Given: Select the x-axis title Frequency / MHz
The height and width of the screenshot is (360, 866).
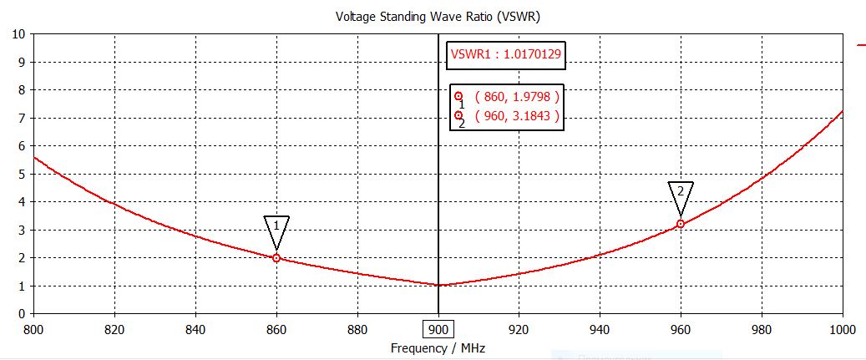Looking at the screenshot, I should [438, 347].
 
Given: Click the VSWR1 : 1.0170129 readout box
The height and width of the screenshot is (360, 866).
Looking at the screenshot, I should [505, 54].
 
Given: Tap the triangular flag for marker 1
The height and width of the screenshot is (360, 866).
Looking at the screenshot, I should [276, 228].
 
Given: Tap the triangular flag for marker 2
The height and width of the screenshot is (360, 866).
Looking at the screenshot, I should [681, 193].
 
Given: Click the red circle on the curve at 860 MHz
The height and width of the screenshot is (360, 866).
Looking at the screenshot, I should [276, 258].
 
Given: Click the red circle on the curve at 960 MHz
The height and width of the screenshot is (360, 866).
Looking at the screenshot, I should [681, 224].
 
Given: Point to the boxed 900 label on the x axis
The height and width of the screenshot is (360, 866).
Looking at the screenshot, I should [438, 329].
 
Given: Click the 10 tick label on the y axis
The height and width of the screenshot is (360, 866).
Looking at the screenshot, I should [17, 34].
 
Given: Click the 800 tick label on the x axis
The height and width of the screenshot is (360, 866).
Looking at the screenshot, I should [33, 329].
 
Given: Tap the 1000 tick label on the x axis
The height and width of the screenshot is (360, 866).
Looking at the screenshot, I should [842, 329].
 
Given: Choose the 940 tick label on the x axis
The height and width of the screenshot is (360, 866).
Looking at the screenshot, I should [600, 329].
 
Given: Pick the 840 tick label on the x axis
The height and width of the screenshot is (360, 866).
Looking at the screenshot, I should [195, 329].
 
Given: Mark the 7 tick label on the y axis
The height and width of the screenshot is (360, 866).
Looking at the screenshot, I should [20, 118].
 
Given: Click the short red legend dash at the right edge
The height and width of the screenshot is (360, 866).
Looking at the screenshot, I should [861, 44].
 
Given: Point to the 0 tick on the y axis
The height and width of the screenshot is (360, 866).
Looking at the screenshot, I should [20, 314].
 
